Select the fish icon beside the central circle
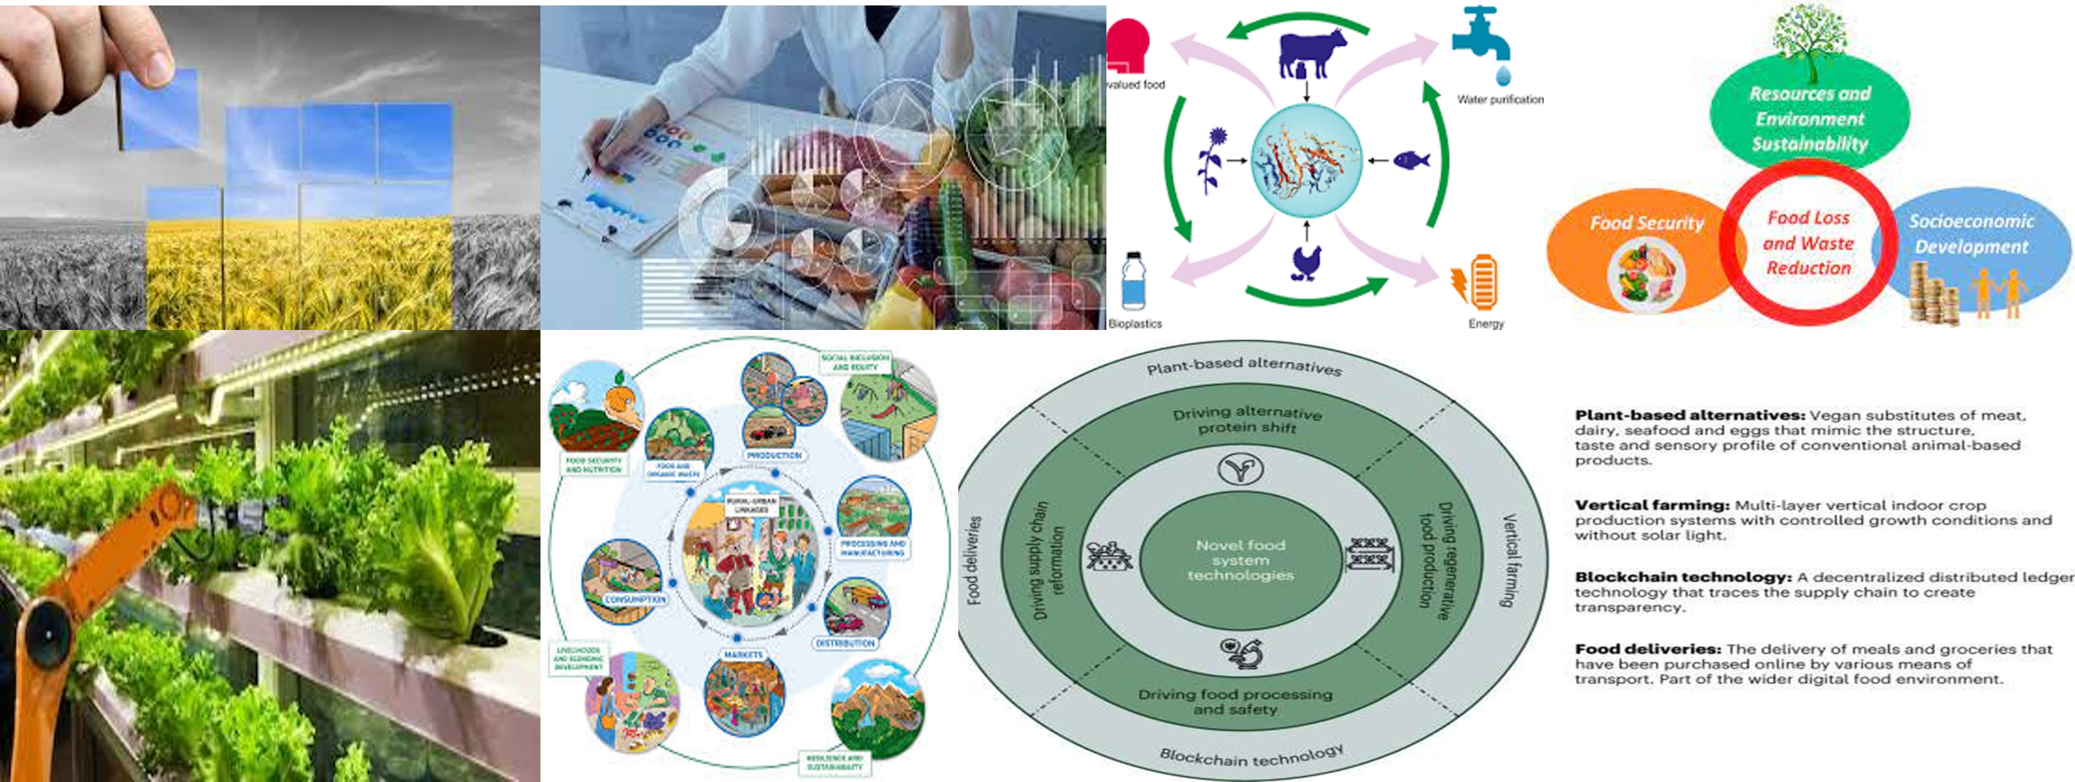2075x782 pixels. (1410, 160)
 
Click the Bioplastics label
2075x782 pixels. (1135, 324)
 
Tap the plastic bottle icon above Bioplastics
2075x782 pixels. (1134, 281)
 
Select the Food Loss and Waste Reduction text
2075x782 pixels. (1809, 243)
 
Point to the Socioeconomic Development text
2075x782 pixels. (1971, 233)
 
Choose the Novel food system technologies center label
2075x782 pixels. (1240, 560)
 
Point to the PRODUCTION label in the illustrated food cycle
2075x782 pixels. (774, 455)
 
